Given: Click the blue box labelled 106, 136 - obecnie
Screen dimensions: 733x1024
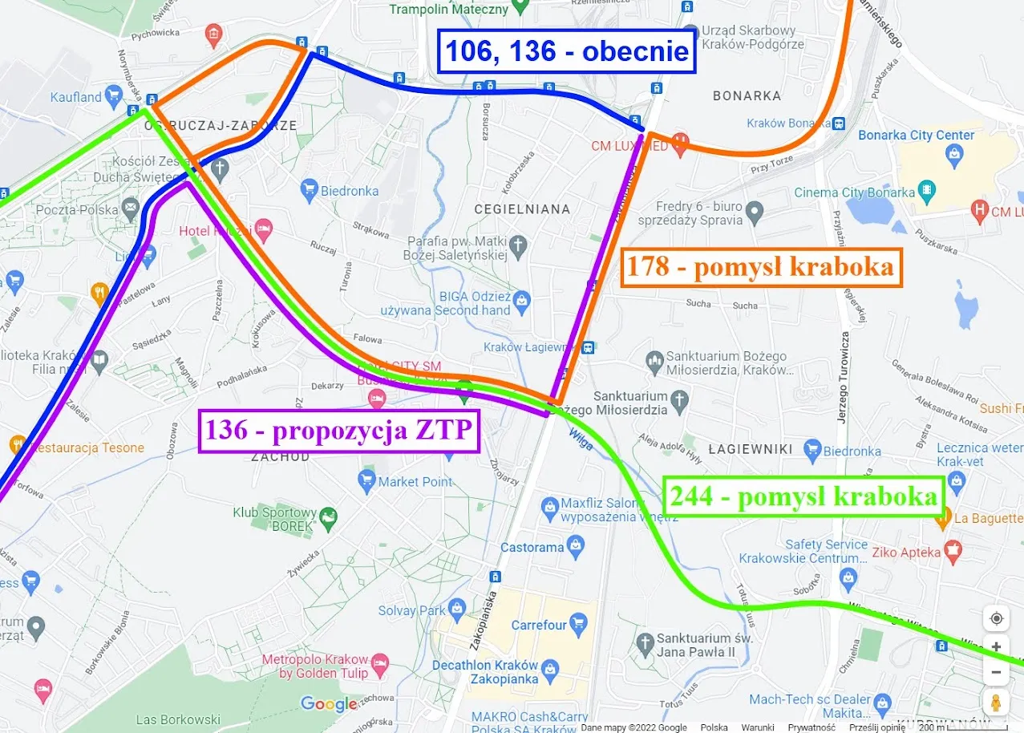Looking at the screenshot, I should coord(566,51).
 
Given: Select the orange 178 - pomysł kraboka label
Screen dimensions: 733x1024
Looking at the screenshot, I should coord(761,267).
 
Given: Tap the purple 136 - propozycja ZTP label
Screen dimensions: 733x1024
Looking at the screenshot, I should coord(340,431).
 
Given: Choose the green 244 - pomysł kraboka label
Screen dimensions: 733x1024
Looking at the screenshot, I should coord(803,497).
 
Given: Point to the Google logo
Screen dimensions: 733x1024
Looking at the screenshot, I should coord(329,704).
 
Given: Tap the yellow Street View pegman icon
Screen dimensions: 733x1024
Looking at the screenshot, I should coord(996,703).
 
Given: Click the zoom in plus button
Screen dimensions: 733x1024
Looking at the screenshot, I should coord(996,646).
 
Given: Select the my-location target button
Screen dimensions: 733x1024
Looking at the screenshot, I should coord(996,618).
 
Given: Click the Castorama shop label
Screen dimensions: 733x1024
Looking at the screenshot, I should coord(532,548).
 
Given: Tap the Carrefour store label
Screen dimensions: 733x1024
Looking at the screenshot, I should coord(539,625).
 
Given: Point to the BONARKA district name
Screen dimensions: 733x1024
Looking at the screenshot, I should coord(747,96).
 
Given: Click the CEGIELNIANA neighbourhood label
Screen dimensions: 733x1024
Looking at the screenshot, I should coord(522,209).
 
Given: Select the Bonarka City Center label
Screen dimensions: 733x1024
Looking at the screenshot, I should coord(916,136).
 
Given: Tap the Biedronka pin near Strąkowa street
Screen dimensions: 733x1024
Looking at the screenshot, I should coord(310,191).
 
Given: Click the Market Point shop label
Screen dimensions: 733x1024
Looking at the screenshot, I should coord(415,482).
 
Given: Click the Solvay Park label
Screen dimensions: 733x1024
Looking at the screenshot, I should coord(411,611).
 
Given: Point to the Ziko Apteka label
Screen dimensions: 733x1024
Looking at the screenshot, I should coord(905,553).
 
